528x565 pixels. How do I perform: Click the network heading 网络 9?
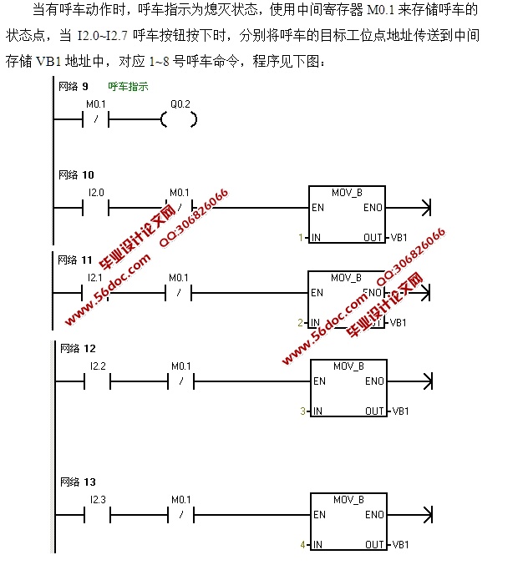pos(74,86)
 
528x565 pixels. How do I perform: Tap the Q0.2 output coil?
pos(179,120)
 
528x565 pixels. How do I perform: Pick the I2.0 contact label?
pos(97,192)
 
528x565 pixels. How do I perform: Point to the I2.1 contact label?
pos(95,277)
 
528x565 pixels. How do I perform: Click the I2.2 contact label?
pos(98,366)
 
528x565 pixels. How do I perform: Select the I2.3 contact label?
pos(98,499)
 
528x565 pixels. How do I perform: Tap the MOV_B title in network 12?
pos(348,366)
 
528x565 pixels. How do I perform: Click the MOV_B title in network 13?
pos(348,499)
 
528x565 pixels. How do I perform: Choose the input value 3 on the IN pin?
pos(303,411)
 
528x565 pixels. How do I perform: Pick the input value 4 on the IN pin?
pos(303,545)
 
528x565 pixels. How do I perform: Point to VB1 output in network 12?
pos(400,411)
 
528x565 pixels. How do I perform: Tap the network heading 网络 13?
pos(78,482)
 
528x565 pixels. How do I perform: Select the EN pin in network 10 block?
pos(317,208)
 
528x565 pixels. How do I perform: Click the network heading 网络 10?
pos(77,175)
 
